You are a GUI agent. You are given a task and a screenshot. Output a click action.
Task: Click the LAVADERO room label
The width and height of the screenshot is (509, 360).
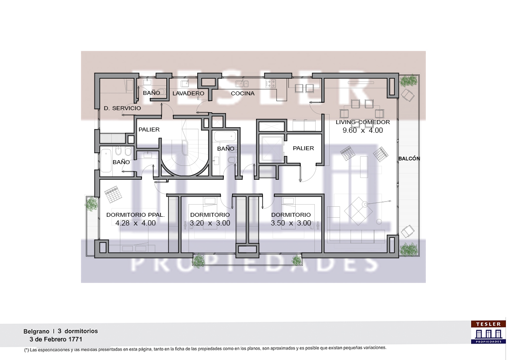coord(188,94)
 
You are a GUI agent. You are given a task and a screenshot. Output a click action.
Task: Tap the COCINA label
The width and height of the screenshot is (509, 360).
coord(243,94)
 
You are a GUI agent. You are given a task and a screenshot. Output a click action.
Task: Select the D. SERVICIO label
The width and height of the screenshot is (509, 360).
coord(122,108)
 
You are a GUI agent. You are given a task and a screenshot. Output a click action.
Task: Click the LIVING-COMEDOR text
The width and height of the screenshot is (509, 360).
coord(363,122)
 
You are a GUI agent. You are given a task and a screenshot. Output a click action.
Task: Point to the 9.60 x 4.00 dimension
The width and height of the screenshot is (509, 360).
coord(363,131)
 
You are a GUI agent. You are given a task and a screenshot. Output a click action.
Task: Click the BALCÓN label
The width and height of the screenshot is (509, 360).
coord(409,158)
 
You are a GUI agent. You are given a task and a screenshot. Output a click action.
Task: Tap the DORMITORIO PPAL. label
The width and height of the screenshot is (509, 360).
coord(135,215)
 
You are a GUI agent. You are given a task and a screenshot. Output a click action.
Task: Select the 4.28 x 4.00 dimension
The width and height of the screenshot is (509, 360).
coord(135,223)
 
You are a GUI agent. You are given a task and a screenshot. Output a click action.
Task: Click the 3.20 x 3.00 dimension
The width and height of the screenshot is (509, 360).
coord(210,223)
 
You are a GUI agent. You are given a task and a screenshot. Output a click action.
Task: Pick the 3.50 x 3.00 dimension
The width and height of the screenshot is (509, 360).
coord(291,223)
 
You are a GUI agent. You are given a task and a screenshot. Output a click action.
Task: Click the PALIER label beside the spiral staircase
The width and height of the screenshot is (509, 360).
coord(149,130)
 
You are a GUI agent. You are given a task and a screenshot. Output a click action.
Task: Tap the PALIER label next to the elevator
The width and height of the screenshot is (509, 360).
coord(303,148)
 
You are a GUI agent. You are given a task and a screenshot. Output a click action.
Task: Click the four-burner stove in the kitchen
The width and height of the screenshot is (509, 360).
coord(270,84)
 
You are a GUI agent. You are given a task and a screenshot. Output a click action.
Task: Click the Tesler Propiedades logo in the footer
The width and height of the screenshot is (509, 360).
coord(488,332)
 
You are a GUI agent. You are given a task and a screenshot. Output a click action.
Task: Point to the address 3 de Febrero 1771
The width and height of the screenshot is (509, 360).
coord(56,340)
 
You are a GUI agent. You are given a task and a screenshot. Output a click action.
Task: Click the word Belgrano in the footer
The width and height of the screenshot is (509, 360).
coord(37,331)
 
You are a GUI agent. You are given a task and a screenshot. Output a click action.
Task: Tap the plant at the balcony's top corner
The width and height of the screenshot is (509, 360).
coord(408,81)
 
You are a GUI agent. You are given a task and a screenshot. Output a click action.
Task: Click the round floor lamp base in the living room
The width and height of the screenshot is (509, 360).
coord(379,222)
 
